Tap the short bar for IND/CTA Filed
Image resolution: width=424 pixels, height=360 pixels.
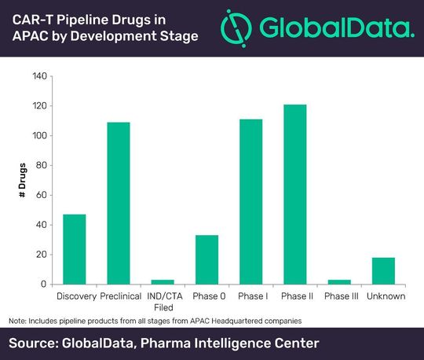point(163,281)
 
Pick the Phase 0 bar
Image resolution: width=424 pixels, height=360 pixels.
point(207,259)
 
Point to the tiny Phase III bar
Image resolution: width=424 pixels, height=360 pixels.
point(339,281)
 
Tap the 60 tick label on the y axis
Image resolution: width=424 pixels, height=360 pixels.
point(42,195)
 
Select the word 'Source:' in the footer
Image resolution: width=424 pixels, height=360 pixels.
point(38,343)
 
